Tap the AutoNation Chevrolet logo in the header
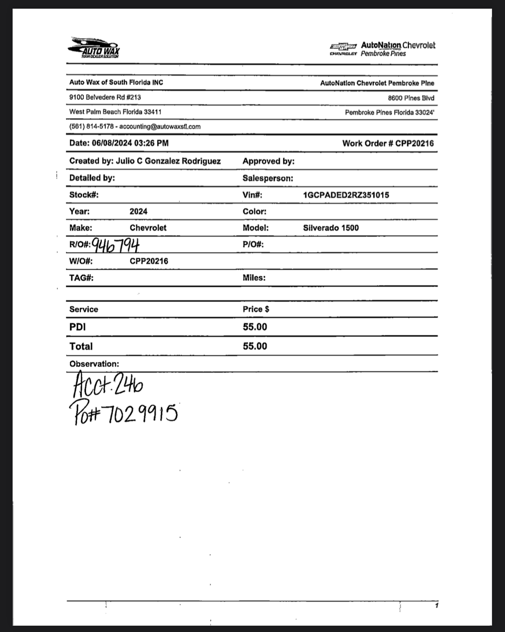pyautogui.click(x=382, y=49)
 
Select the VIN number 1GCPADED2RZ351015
pyautogui.click(x=346, y=195)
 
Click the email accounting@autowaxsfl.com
pyautogui.click(x=160, y=127)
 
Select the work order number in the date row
pyautogui.click(x=414, y=143)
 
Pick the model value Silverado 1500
pyautogui.click(x=331, y=228)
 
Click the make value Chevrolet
pyautogui.click(x=148, y=228)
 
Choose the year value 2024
pyautogui.click(x=138, y=211)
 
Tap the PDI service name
pyautogui.click(x=77, y=327)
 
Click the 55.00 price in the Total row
pyautogui.click(x=255, y=346)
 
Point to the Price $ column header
pyautogui.click(x=256, y=309)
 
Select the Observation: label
pyautogui.click(x=94, y=364)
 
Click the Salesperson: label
pyautogui.click(x=267, y=178)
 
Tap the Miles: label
pyautogui.click(x=254, y=278)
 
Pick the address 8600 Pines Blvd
pyautogui.click(x=411, y=98)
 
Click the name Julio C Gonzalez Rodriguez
pyautogui.click(x=168, y=161)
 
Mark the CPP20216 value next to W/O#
pyautogui.click(x=149, y=261)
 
